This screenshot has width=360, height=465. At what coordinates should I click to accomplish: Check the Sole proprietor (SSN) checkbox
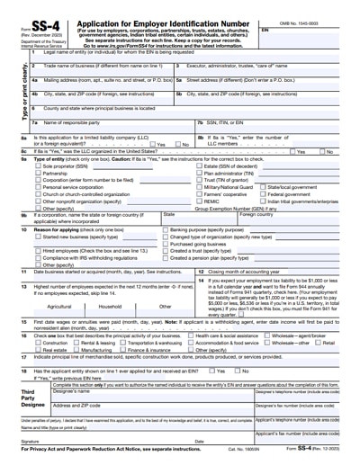[x=37, y=166]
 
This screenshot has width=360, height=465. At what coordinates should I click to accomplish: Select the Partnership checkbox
[x=37, y=174]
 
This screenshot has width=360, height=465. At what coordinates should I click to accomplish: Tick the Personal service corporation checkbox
[x=37, y=187]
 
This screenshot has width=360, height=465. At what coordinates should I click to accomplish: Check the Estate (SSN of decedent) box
[x=200, y=166]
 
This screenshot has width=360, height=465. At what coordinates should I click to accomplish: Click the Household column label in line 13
[x=110, y=306]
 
